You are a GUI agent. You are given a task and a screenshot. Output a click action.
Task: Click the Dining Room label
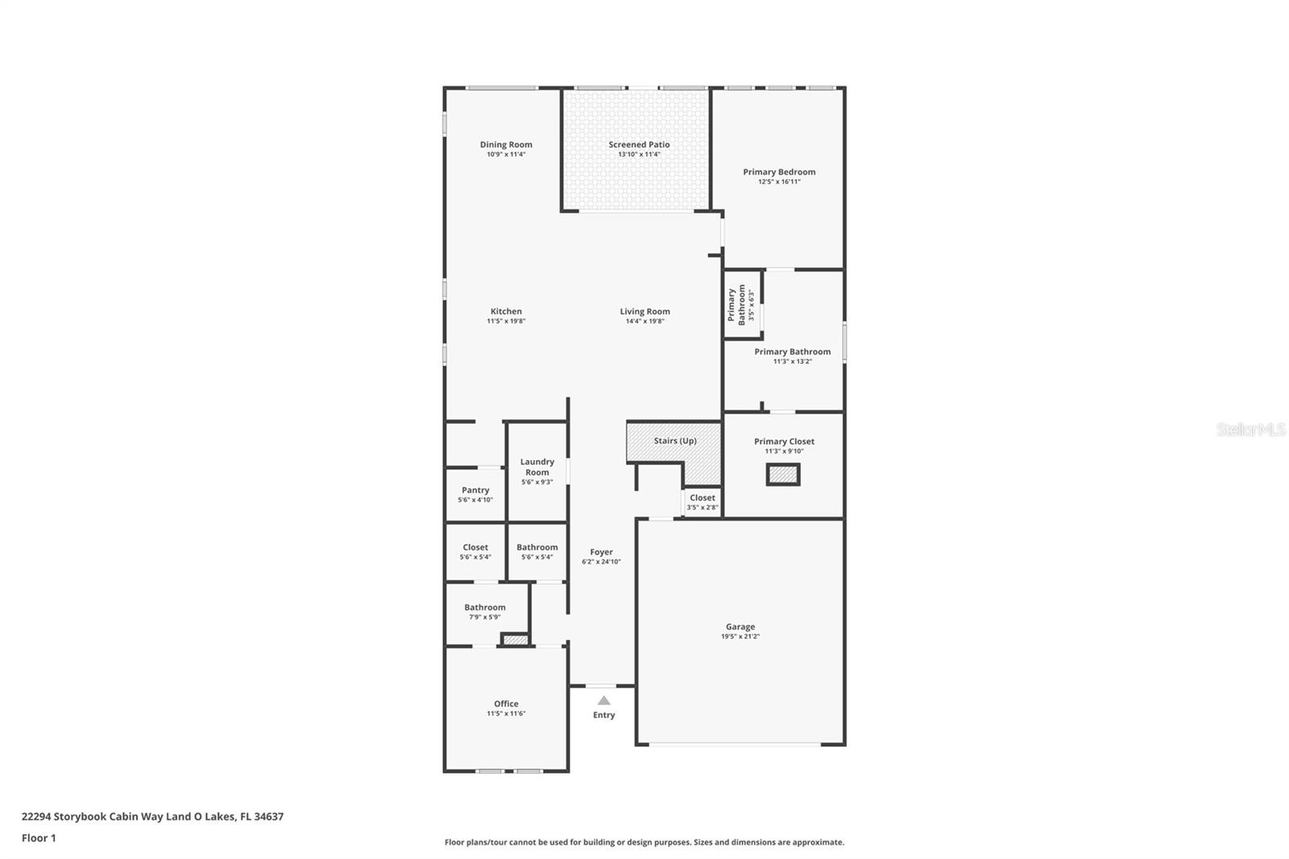[506, 145]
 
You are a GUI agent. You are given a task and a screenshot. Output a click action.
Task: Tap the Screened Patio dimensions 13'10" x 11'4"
[639, 155]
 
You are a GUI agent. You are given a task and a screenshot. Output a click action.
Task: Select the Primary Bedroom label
[779, 172]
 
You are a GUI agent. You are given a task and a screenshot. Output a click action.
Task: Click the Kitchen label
[506, 311]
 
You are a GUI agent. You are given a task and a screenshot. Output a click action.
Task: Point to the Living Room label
[644, 311]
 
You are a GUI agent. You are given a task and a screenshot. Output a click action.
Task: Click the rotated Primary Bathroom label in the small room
[736, 305]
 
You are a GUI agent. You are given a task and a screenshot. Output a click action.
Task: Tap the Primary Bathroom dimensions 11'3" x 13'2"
[792, 362]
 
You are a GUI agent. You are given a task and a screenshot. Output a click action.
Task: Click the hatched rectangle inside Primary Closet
[782, 475]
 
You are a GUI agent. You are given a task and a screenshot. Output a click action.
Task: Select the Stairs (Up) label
[674, 441]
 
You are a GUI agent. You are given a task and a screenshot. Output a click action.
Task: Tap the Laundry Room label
[537, 467]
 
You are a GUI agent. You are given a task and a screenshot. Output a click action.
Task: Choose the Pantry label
[475, 490]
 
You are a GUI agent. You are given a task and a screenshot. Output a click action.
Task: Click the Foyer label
[601, 552]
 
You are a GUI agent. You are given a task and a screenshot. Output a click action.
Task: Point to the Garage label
[740, 626]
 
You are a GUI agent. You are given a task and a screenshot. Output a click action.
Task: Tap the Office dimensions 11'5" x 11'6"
[506, 714]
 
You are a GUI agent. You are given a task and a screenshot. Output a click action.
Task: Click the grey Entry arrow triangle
[603, 700]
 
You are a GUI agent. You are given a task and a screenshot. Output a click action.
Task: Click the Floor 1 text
[39, 838]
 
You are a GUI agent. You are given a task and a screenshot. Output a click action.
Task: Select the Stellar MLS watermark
[1250, 430]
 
